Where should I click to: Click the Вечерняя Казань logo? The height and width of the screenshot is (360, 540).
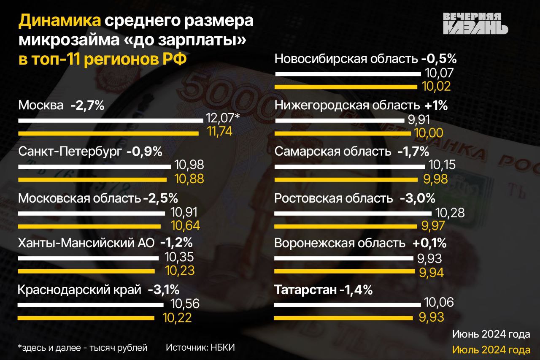pos(475,23)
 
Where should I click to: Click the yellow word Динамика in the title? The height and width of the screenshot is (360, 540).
pos(60,21)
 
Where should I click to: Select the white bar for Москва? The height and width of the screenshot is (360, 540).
pos(111,120)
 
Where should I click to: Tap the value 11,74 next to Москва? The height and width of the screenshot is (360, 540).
pos(220,132)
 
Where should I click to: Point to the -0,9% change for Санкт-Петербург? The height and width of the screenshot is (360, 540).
pos(144,152)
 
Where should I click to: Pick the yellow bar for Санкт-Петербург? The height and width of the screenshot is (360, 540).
pos(92,180)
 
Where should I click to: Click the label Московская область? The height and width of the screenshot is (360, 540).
pos(80,198)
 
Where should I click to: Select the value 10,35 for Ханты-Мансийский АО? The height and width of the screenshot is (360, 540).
pos(179,257)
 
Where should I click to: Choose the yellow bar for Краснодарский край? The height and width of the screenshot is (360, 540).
pos(86,318)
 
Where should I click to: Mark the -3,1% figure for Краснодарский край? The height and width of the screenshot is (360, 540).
pos(164,290)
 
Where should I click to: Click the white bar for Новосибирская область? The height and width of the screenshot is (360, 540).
pos(348,74)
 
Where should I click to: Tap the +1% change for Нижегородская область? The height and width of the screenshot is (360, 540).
pos(436,106)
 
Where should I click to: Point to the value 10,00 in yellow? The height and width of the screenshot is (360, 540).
pos(428,133)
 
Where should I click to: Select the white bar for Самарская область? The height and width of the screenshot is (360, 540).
pos(350,167)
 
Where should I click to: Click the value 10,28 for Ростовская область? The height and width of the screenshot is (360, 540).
pos(450,213)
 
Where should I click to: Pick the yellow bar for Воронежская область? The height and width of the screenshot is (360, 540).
pos(345,271)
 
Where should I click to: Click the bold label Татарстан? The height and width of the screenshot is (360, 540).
pos(305,290)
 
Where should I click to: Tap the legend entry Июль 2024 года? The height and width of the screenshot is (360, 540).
pos(491,350)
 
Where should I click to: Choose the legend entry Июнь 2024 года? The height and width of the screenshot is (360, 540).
pos(491,334)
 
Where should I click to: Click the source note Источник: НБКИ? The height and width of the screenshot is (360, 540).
pos(200,348)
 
